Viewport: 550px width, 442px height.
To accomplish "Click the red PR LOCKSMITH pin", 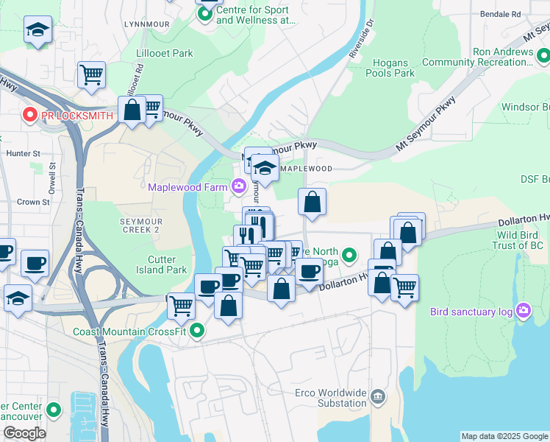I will point(29,116).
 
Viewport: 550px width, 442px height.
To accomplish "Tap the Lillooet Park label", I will point(165,54).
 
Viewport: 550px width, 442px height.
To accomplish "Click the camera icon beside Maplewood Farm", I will point(238,186).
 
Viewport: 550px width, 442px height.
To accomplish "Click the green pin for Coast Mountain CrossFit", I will point(196,331).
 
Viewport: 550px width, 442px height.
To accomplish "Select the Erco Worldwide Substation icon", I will point(377,397).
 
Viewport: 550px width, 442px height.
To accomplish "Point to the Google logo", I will point(24,433).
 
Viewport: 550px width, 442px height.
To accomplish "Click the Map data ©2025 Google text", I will point(504,436).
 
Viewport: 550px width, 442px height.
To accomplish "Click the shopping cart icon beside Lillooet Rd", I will point(91,73).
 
